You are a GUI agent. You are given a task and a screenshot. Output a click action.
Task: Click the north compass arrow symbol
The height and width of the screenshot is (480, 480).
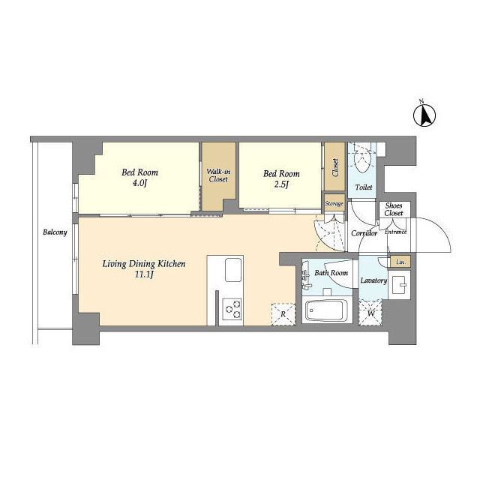click(424, 115)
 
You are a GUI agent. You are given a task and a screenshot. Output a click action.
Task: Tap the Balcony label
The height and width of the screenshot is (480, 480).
click(55, 232)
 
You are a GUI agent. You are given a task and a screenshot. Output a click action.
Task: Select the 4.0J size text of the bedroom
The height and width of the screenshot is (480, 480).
click(139, 183)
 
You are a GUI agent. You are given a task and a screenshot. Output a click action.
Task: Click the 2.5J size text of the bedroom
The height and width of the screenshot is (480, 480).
click(281, 184)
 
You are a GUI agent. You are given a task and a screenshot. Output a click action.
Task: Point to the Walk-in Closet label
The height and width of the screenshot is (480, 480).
click(218, 175)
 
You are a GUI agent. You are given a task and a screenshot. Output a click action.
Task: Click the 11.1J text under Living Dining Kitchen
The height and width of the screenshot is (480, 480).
click(143, 274)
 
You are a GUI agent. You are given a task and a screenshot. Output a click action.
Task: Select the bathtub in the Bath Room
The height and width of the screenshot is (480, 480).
click(326, 310)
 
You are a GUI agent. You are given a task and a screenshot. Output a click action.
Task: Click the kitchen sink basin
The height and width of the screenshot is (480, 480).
click(233, 270)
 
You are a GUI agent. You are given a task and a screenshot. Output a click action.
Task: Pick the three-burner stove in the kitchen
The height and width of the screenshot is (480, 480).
click(232, 309)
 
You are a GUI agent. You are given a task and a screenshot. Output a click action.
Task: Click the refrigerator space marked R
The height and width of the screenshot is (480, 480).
click(283, 313)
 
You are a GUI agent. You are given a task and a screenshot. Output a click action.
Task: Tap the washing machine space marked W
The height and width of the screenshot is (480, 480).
click(370, 313)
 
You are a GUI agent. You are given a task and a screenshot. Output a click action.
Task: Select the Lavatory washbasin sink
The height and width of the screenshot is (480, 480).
click(400, 284)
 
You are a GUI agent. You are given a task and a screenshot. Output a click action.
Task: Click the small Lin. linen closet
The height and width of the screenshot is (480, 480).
click(400, 262)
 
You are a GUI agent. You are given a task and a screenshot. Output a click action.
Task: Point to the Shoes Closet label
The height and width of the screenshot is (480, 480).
click(394, 209)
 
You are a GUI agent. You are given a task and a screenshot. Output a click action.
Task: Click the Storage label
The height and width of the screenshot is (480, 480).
click(334, 203)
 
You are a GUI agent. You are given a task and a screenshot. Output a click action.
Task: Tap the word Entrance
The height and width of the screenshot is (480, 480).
click(395, 232)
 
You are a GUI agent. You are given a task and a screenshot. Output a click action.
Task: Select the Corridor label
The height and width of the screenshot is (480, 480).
click(364, 233)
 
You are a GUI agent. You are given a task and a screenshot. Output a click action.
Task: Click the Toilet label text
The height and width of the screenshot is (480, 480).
click(364, 187)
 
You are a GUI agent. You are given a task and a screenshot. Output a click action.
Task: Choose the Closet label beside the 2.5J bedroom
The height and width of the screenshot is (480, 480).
click(335, 167)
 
